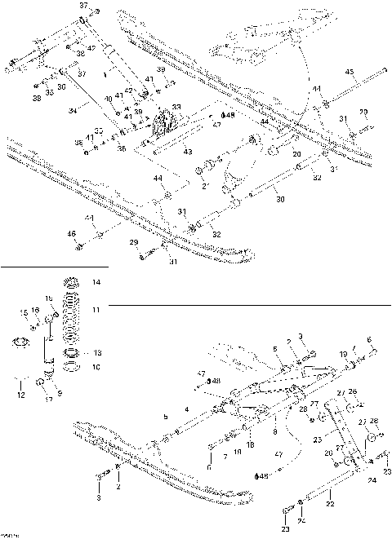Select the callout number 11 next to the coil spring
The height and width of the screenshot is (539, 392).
coord(96,311)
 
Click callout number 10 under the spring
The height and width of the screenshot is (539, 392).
coord(96,367)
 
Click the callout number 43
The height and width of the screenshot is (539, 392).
coord(187,152)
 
